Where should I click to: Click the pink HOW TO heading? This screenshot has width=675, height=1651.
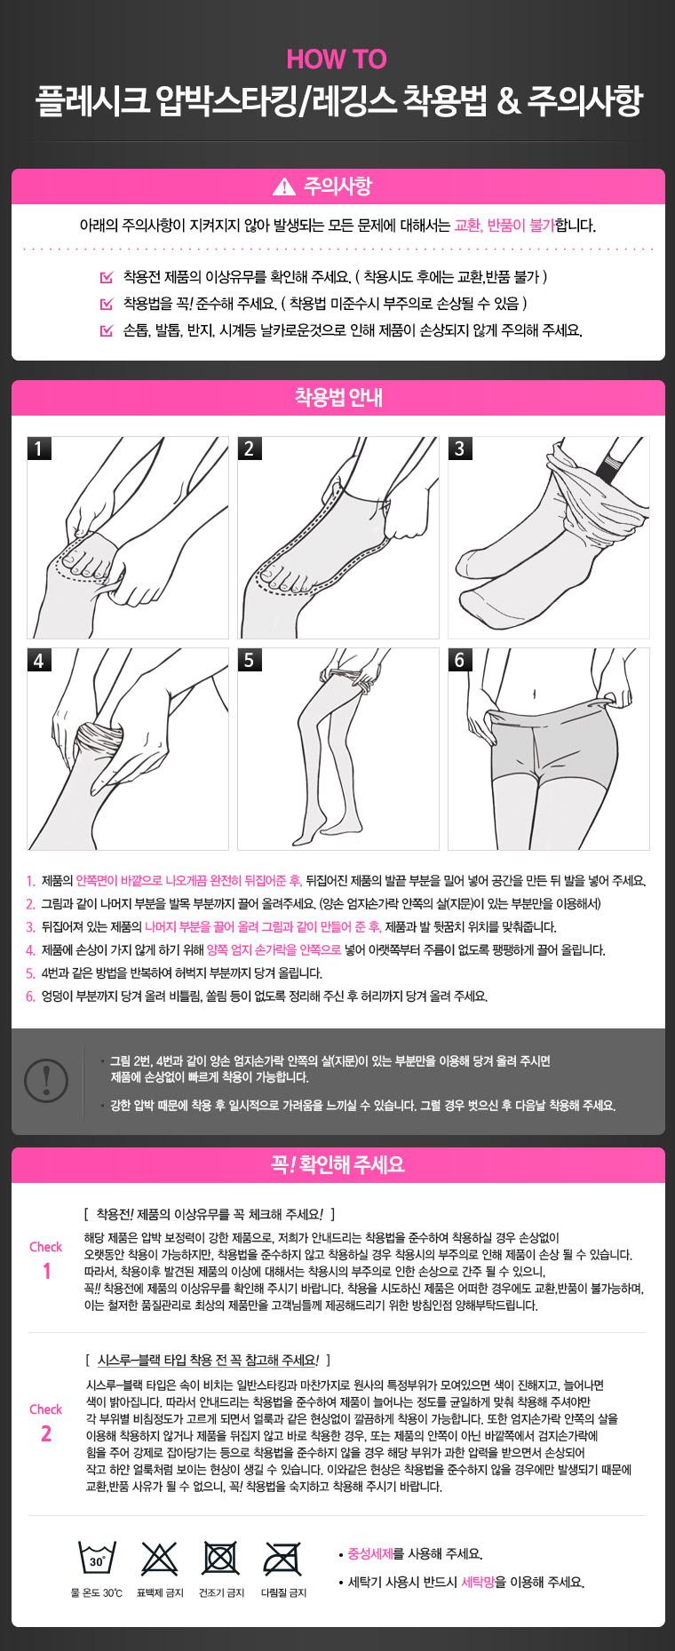coord(337,60)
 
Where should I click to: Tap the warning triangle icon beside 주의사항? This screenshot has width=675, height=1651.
coord(284,187)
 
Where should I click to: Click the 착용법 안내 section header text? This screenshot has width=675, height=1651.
coord(338,398)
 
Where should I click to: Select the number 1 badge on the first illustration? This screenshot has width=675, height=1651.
coord(39,448)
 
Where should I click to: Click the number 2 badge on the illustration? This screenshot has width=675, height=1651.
coord(250,448)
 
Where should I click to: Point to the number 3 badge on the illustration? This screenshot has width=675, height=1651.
coord(460,448)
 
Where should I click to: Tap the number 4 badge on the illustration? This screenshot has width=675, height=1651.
coord(39,660)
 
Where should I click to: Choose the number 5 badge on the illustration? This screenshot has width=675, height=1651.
coord(250,660)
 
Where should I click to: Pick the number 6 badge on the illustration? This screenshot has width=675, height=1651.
coord(460,660)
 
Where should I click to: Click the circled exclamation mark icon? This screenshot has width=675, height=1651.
coord(46,1080)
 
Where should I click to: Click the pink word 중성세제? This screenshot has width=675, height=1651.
coord(370,1554)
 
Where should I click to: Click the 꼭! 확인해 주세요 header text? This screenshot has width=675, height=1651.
coord(338,1164)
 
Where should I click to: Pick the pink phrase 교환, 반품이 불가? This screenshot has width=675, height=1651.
coord(504,226)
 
